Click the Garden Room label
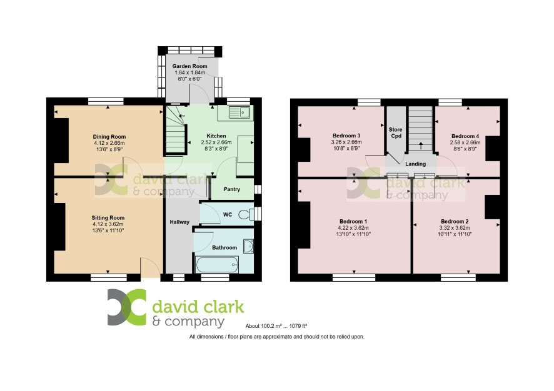[189, 66]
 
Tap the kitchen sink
[240, 112]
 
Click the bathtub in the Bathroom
[216, 264]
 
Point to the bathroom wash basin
[248, 246]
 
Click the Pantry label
[232, 189]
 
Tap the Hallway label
[179, 222]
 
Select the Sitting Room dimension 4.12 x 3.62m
[108, 224]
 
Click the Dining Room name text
[109, 137]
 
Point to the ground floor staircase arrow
[182, 116]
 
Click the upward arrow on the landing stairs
[420, 146]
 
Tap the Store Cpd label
[396, 132]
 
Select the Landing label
[415, 164]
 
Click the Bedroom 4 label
[465, 136]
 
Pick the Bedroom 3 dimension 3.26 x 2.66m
[346, 142]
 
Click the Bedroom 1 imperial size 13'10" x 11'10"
[353, 234]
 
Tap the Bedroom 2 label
[455, 221]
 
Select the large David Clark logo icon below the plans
[127, 307]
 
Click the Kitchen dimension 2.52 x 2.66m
[216, 142]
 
